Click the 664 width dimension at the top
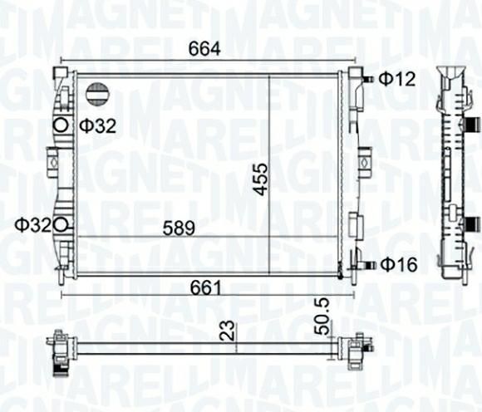point(204,48)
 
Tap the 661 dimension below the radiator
point(205,288)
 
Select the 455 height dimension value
point(261,179)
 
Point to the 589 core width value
point(179,228)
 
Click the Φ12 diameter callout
point(396,79)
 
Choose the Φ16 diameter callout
point(399,264)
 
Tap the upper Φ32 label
point(98,125)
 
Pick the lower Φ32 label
point(33,225)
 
